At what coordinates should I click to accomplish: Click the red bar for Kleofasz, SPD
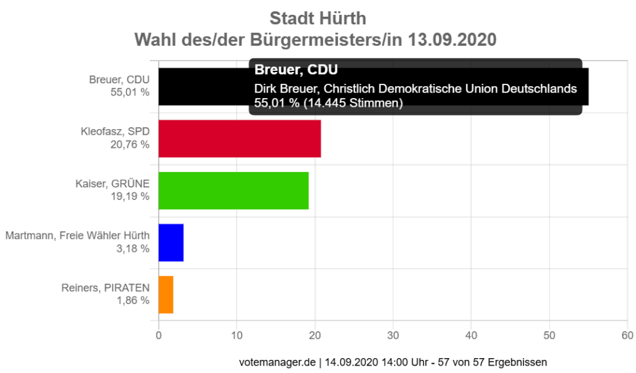(240, 138)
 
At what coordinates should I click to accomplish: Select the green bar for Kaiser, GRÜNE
(234, 191)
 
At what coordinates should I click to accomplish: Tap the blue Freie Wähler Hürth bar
(171, 242)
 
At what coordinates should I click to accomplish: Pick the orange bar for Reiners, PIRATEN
(166, 294)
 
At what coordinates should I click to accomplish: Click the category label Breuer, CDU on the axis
(119, 80)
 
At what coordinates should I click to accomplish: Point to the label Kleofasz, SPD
(115, 132)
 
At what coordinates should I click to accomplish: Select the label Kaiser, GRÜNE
(112, 184)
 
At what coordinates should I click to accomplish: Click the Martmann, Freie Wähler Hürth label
(77, 236)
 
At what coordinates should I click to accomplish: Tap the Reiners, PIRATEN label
(105, 288)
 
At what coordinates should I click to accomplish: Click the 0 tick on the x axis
(159, 336)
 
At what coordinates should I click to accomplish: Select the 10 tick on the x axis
(237, 336)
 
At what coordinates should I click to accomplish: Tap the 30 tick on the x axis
(393, 336)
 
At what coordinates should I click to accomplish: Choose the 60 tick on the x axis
(627, 336)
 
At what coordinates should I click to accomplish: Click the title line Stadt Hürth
(318, 17)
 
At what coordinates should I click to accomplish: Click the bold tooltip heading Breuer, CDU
(296, 70)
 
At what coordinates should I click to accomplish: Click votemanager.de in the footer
(278, 362)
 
